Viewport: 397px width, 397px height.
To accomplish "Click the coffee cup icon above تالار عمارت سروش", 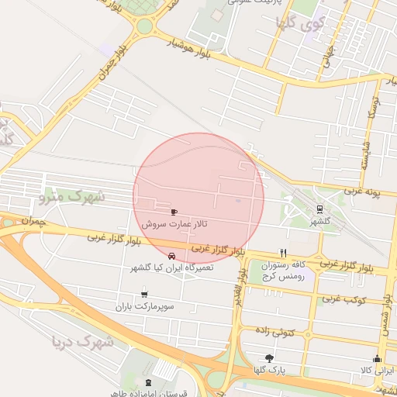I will point(174,211).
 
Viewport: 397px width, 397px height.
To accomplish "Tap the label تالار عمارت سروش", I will point(174,223).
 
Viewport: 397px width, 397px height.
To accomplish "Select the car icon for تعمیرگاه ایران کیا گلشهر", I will point(171,255).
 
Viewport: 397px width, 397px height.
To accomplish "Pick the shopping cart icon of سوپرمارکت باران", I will point(144,294).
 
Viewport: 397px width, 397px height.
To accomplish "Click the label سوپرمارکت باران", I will point(142,307).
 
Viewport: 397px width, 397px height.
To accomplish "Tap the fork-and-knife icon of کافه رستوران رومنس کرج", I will point(283,253).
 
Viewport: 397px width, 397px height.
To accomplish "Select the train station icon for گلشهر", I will point(319,209).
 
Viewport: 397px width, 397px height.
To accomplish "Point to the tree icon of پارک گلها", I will point(269,358).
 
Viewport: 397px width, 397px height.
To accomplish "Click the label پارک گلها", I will point(268,371).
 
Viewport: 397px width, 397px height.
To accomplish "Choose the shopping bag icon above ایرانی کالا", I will point(377,358).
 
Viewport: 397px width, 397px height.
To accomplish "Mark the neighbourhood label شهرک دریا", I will point(82,340).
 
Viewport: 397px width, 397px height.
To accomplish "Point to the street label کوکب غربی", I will point(341,298).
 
